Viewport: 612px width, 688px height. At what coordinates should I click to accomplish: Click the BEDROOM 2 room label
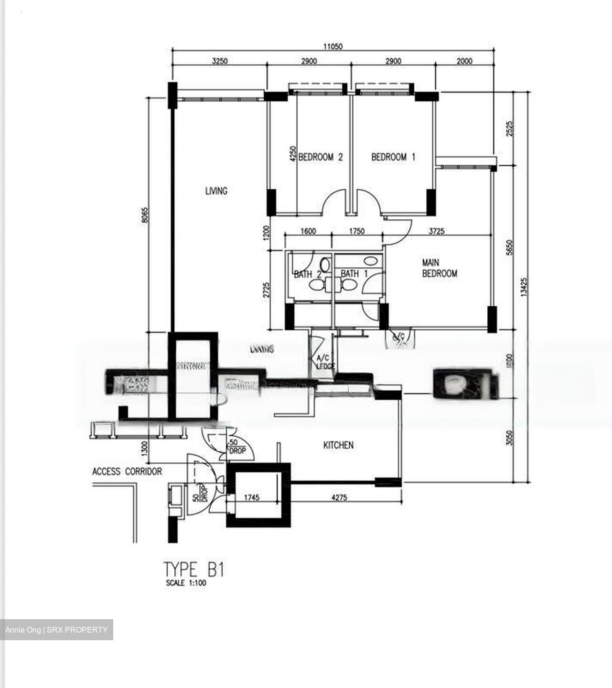pyautogui.click(x=321, y=157)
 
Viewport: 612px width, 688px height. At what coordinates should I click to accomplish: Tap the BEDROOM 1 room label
pyautogui.click(x=393, y=157)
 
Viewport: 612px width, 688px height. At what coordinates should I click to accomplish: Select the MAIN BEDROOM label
pyautogui.click(x=439, y=268)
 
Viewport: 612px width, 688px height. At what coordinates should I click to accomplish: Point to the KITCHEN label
pyautogui.click(x=338, y=445)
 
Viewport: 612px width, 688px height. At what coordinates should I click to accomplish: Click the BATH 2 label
pyautogui.click(x=307, y=274)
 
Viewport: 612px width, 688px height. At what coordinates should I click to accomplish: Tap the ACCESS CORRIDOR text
pyautogui.click(x=127, y=472)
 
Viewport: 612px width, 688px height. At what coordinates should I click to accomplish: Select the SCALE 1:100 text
pyautogui.click(x=186, y=583)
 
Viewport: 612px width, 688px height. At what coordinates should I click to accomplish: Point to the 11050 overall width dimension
pyautogui.click(x=333, y=46)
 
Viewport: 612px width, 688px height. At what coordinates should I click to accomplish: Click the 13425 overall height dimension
pyautogui.click(x=525, y=288)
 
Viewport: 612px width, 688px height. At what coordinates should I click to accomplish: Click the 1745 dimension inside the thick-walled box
pyautogui.click(x=251, y=497)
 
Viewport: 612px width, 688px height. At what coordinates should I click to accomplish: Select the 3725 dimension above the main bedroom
pyautogui.click(x=437, y=231)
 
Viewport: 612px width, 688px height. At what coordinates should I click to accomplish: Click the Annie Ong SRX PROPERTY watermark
pyautogui.click(x=56, y=630)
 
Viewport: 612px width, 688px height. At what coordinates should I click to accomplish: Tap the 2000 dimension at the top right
pyautogui.click(x=464, y=61)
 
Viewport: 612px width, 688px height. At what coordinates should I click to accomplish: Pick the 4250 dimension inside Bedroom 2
pyautogui.click(x=293, y=155)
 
